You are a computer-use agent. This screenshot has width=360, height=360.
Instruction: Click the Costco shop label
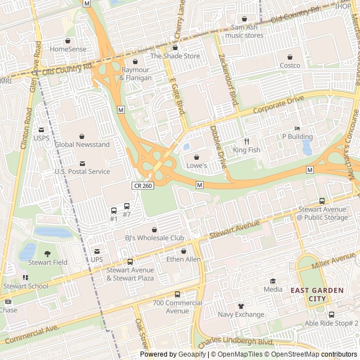(290, 65)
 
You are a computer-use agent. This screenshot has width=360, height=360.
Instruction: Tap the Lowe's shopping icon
(196, 157)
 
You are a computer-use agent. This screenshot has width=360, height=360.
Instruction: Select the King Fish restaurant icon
(246, 141)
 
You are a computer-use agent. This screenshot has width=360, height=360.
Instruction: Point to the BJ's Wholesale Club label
(154, 238)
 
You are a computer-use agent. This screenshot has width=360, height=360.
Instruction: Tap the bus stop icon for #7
(127, 206)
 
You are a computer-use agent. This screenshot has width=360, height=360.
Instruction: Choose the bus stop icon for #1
(114, 210)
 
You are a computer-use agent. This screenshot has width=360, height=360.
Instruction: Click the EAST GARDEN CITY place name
(317, 295)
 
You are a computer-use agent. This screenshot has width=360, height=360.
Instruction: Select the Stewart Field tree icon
(47, 253)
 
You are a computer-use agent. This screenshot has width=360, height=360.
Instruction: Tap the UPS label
(97, 259)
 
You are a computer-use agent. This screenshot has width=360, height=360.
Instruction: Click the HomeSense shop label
(68, 49)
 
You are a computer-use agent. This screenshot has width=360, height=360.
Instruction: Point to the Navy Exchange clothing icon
(241, 305)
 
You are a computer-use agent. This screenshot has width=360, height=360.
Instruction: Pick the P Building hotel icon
(297, 128)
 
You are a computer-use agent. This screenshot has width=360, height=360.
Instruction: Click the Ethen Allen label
(183, 259)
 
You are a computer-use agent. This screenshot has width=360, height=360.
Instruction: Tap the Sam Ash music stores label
(244, 31)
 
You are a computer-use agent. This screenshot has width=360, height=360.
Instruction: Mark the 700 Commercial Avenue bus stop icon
(177, 294)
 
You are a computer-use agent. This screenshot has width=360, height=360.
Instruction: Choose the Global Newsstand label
(82, 145)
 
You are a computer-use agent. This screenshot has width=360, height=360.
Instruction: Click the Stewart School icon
(25, 277)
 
